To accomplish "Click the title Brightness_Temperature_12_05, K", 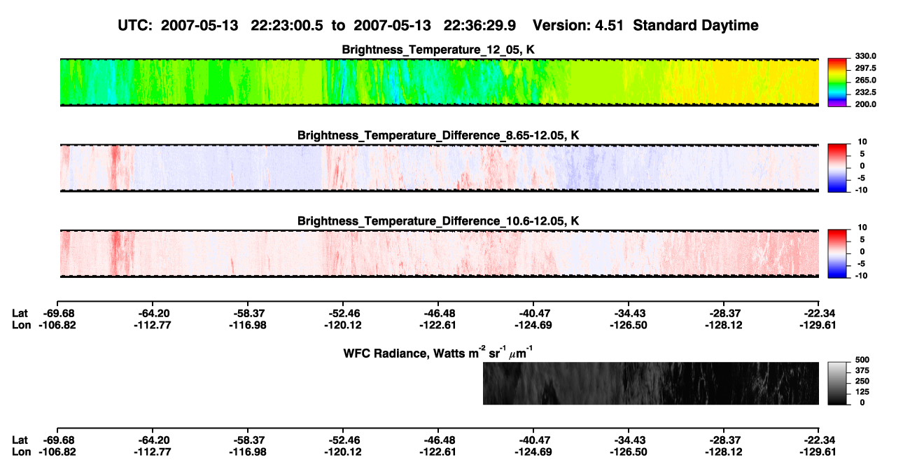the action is (x=438, y=50).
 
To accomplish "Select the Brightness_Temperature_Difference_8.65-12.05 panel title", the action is (x=438, y=135).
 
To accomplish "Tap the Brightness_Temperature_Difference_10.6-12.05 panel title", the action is (x=438, y=221).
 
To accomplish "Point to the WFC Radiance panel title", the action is (x=438, y=353).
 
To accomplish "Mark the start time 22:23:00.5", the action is (x=287, y=25).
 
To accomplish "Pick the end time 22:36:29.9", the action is (x=479, y=25).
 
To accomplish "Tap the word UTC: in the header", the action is (x=135, y=25).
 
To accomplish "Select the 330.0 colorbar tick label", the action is (x=865, y=56).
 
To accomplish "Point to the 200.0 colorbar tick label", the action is (x=865, y=104).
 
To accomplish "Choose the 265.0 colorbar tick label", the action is (x=865, y=80).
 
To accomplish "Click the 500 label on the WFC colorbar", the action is (x=862, y=360).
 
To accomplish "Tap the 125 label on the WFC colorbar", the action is (x=862, y=392).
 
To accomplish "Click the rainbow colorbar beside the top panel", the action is (x=837, y=83).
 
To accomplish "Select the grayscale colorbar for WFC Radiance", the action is (x=837, y=383).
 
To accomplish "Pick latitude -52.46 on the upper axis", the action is (x=343, y=314).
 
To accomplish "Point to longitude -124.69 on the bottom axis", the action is (x=533, y=452).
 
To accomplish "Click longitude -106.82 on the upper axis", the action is (x=57, y=325).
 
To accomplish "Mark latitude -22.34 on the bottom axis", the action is (x=818, y=440).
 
